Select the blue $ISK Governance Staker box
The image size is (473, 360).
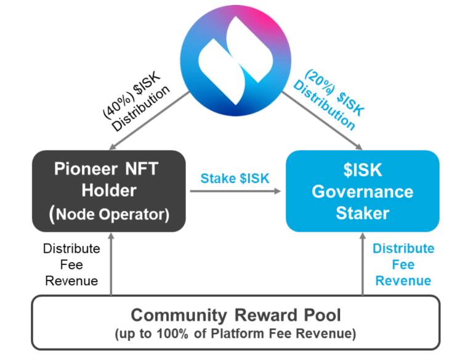tap(362, 191)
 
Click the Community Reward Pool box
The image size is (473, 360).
tap(236, 323)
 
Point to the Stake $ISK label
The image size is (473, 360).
tap(235, 179)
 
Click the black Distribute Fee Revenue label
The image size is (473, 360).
tap(71, 264)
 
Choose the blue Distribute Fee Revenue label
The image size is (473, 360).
tap(403, 264)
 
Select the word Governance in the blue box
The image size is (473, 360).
tap(362, 192)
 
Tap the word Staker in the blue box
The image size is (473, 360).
tap(362, 213)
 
